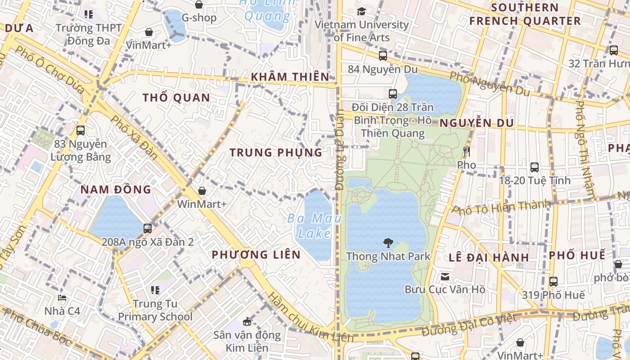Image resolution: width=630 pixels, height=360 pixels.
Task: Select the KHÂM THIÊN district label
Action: [290, 77]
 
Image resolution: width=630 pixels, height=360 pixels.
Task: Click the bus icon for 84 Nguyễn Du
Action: [383, 56]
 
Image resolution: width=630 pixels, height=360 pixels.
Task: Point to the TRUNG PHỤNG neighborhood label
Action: [276, 153]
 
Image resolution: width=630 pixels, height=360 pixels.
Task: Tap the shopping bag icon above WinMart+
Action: [202, 191]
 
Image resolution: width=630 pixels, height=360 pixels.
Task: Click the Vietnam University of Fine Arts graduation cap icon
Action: [361, 11]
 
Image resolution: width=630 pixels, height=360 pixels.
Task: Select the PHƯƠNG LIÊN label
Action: [256, 255]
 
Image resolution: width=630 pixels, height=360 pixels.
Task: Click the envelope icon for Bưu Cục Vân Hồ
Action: [445, 276]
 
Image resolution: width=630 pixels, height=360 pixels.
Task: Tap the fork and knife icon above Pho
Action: [466, 152]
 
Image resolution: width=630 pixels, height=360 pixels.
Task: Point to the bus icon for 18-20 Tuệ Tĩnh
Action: [535, 167]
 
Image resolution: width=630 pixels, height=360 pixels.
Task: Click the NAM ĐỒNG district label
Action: [116, 189]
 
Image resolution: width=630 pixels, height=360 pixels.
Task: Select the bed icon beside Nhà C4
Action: [62, 298]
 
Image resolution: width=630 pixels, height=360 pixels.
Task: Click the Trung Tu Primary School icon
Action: [155, 290]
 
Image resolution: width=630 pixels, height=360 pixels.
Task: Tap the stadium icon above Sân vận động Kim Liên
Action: [247, 321]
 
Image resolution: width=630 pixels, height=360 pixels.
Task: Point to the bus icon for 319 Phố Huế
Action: [553, 282]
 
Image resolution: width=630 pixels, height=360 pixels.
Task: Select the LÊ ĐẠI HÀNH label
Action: [489, 258]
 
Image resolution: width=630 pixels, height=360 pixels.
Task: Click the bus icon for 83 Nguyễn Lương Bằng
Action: [81, 131]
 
